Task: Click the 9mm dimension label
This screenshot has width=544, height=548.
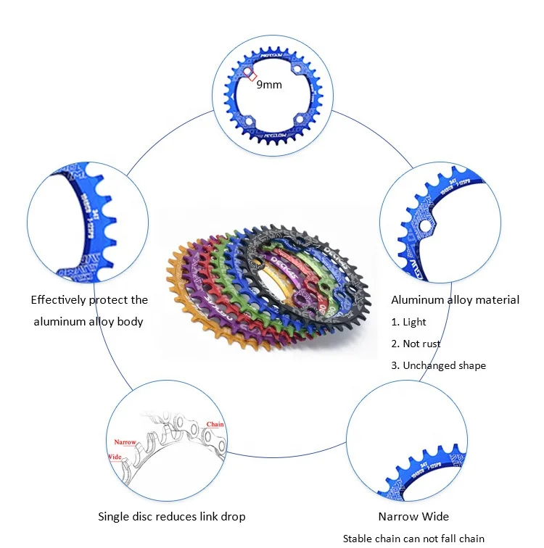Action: [x=269, y=85]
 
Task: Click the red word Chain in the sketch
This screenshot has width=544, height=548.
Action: [x=215, y=424]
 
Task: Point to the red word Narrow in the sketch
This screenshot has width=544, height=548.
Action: [x=125, y=441]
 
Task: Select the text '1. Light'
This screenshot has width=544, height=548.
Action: [x=409, y=322]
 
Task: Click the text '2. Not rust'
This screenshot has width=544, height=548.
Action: [x=416, y=344]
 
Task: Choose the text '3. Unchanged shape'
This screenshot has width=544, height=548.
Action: [x=438, y=365]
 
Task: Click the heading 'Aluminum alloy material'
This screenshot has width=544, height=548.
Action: [x=455, y=299]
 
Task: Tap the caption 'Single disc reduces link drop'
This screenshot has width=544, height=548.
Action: [x=171, y=517]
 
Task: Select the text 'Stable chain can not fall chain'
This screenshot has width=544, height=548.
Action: [x=413, y=539]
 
